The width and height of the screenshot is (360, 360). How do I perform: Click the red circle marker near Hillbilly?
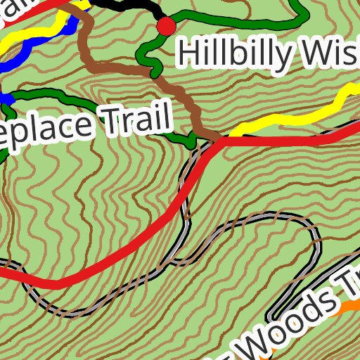[166, 27]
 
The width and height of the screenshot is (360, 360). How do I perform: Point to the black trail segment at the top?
[127, 7]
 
